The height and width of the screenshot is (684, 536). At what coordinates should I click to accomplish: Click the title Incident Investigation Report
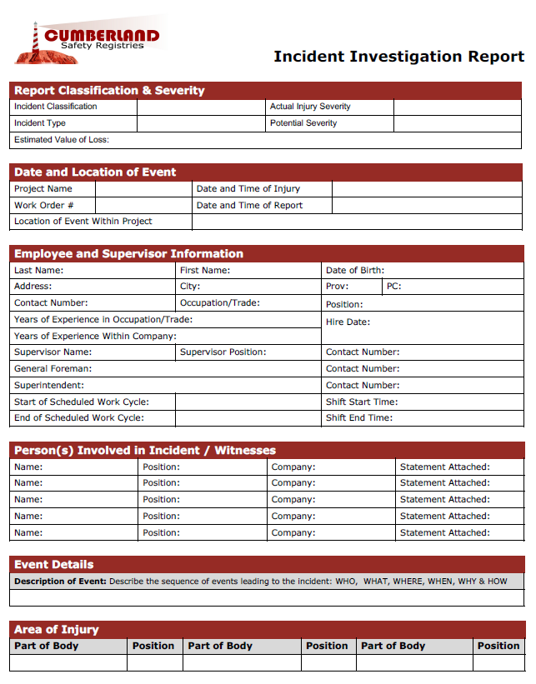pyautogui.click(x=398, y=57)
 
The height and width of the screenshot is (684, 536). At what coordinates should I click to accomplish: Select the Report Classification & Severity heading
pyautogui.click(x=109, y=91)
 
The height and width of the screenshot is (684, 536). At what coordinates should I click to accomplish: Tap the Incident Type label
pyautogui.click(x=40, y=123)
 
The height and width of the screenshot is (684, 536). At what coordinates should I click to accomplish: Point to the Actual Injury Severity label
pyautogui.click(x=310, y=107)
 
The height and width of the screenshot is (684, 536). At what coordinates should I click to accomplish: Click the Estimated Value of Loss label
pyautogui.click(x=62, y=140)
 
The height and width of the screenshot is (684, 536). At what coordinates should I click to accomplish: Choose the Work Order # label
pyautogui.click(x=44, y=205)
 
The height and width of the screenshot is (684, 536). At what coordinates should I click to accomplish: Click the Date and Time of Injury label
pyautogui.click(x=248, y=189)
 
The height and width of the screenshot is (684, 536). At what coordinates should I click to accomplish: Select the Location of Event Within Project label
pyautogui.click(x=83, y=222)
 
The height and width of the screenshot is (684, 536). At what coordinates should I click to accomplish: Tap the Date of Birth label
pyautogui.click(x=355, y=271)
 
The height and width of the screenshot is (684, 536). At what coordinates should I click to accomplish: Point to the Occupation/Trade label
pyautogui.click(x=220, y=303)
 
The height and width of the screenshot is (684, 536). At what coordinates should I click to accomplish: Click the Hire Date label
pyautogui.click(x=348, y=322)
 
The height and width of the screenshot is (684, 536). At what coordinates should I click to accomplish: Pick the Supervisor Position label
pyautogui.click(x=223, y=352)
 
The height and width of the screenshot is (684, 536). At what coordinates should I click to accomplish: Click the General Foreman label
pyautogui.click(x=53, y=368)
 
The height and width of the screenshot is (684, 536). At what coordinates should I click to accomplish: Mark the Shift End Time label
pyautogui.click(x=359, y=418)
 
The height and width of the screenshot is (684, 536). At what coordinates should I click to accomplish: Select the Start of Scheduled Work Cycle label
pyautogui.click(x=82, y=402)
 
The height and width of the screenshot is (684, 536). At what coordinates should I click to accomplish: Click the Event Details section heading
pyautogui.click(x=54, y=565)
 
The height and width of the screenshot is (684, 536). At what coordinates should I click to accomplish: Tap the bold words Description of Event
pyautogui.click(x=60, y=582)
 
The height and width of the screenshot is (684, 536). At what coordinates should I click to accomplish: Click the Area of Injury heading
pyautogui.click(x=57, y=630)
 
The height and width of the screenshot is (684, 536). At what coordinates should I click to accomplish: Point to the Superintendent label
pyautogui.click(x=49, y=385)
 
